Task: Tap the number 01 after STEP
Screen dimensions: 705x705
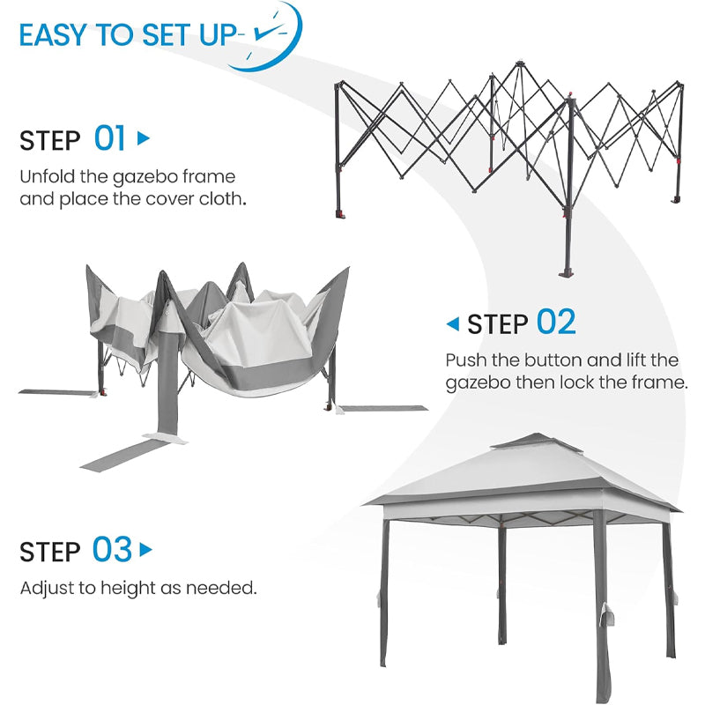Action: click(x=110, y=138)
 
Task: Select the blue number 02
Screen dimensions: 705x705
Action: click(x=555, y=323)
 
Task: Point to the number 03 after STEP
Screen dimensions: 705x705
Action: click(x=112, y=550)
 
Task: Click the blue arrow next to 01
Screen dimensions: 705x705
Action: click(x=144, y=138)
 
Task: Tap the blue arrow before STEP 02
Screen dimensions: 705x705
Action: click(x=453, y=324)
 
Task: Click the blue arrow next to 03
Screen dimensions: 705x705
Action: click(x=146, y=550)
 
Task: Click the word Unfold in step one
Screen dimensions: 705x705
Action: click(x=44, y=176)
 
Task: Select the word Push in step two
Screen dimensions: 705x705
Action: click(x=464, y=360)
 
